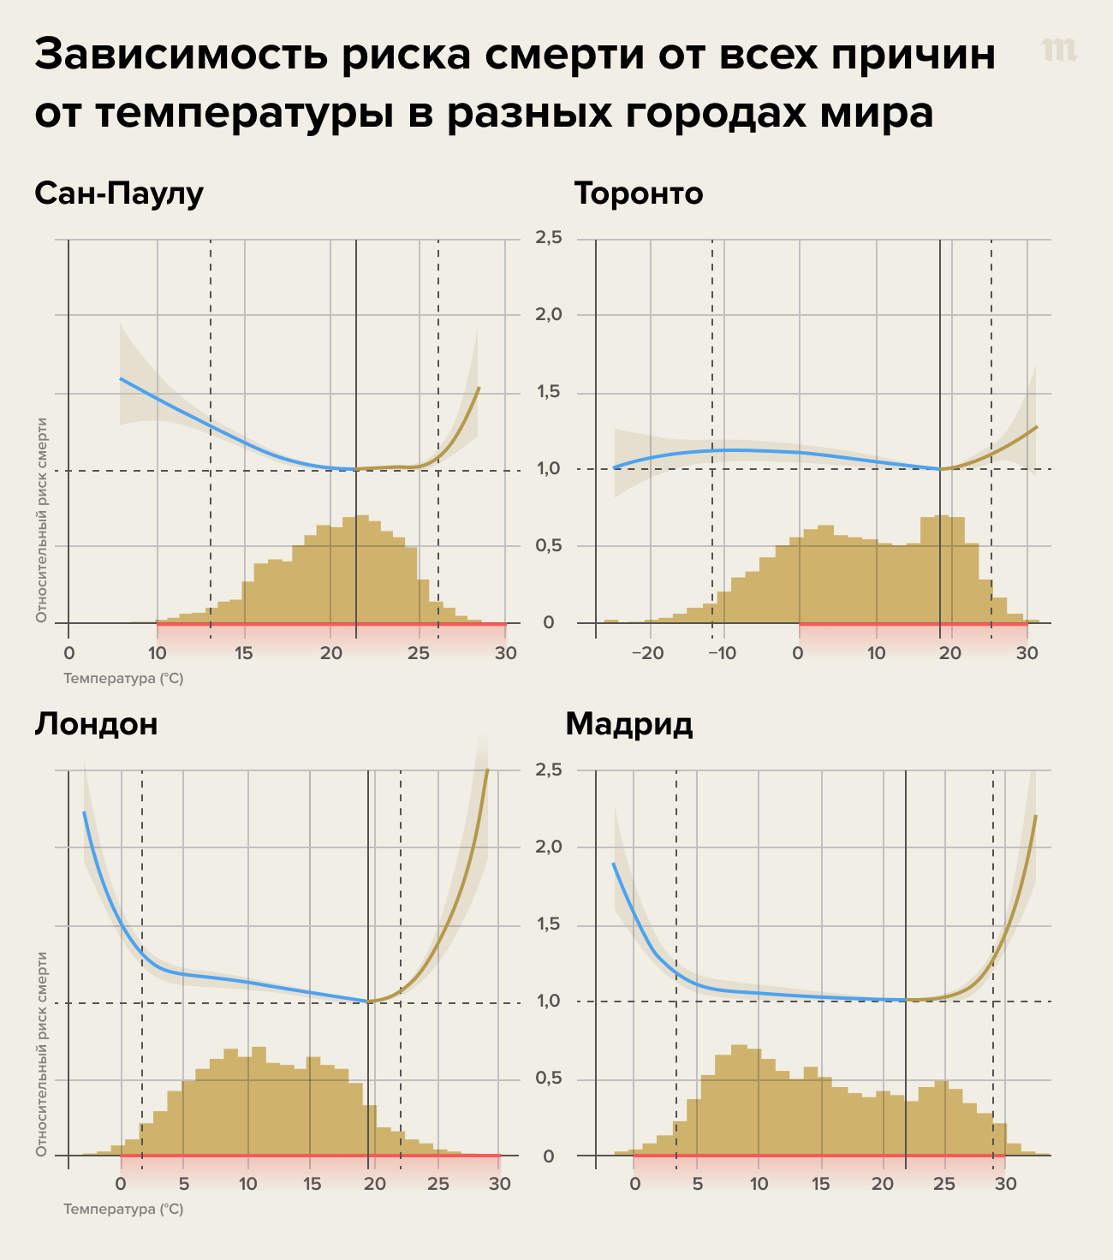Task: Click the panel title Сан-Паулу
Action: click(x=119, y=194)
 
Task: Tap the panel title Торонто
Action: click(x=638, y=194)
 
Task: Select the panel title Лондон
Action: click(x=96, y=724)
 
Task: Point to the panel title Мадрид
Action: click(x=628, y=724)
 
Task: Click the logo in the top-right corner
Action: click(x=1059, y=51)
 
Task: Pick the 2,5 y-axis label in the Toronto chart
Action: click(x=548, y=237)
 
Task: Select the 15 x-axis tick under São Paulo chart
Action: click(x=244, y=653)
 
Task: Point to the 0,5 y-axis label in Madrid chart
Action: click(x=548, y=1079)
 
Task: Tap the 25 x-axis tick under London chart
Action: click(x=437, y=1184)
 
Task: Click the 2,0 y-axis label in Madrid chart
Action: click(x=548, y=847)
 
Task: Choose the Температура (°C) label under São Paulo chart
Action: click(x=123, y=679)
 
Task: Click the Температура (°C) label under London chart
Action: click(x=123, y=1209)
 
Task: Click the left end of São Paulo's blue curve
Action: click(x=121, y=378)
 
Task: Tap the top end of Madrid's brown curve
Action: click(x=1036, y=816)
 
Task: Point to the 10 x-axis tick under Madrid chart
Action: click(x=759, y=1184)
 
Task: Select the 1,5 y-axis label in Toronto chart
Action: click(x=548, y=392)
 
